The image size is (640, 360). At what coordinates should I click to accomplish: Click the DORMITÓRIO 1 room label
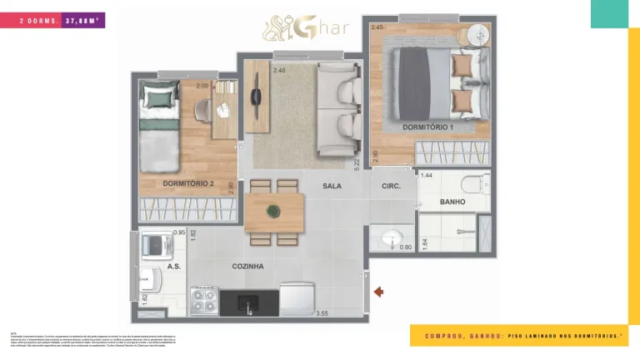[428, 127]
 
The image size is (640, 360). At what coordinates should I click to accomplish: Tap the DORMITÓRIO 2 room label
[188, 183]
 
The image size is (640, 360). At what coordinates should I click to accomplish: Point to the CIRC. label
[391, 186]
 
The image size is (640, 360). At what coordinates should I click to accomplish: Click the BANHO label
[452, 202]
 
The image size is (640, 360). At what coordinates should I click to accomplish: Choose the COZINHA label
[248, 267]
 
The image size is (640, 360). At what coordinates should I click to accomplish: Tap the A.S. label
[174, 267]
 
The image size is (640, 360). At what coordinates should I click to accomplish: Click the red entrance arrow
[378, 292]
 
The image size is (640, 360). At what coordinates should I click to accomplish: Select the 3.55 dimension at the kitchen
[322, 313]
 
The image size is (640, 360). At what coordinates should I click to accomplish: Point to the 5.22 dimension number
[357, 164]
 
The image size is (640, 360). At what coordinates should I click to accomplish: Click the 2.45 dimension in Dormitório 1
[377, 27]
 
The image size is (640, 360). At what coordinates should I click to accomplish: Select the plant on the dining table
[273, 211]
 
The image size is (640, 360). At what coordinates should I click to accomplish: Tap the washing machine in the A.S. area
[157, 244]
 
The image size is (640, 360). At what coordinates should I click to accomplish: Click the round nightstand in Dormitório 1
[479, 33]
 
